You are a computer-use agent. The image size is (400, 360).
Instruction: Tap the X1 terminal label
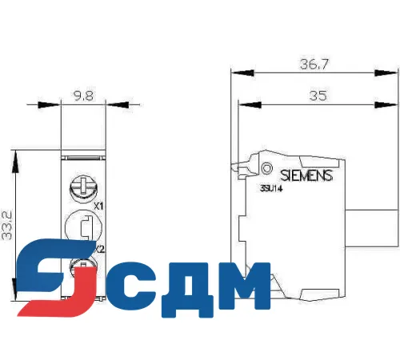coord(99,206)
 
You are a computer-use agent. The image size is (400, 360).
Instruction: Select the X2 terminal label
coord(100,250)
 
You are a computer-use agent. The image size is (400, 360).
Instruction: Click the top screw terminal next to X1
coord(81,187)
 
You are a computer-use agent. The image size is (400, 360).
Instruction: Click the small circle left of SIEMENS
coord(266,169)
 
